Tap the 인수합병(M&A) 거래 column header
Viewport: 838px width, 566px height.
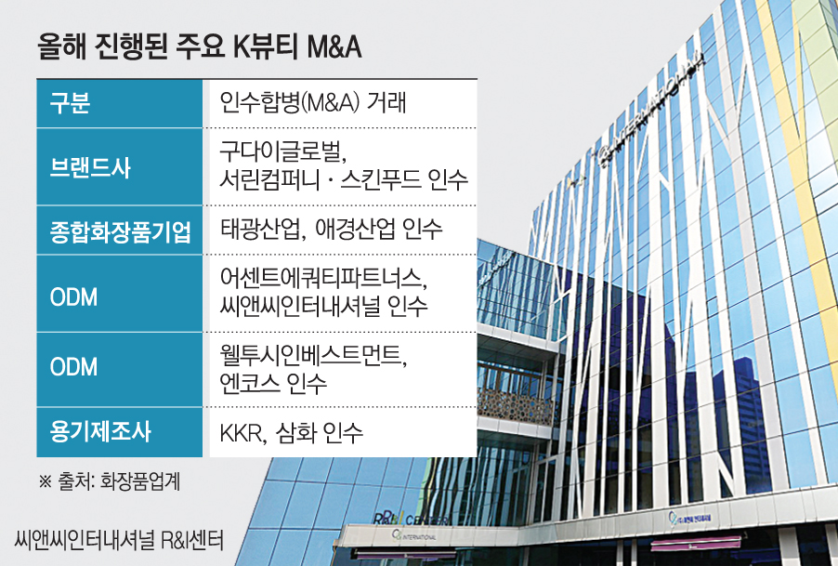coord(313,103)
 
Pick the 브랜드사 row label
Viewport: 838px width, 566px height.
coord(90,166)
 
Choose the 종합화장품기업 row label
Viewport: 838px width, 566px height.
coord(120,231)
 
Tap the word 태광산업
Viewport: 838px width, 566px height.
coord(258,230)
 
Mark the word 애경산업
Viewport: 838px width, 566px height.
coord(351,230)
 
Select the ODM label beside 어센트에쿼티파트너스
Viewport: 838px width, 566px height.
coord(73,296)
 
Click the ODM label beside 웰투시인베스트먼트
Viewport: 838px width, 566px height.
coord(73,367)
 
